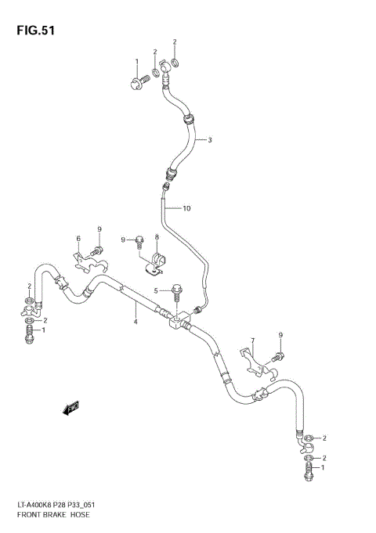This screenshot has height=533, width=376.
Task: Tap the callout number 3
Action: tap(210, 141)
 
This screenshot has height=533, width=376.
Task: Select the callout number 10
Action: tap(186, 208)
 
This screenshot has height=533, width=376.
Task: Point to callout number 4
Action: tap(136, 322)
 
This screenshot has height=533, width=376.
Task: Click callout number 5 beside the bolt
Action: tap(157, 291)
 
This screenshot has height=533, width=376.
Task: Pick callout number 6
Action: tap(78, 238)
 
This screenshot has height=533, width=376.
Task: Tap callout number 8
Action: tap(157, 237)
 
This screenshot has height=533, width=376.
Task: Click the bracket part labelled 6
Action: tap(81, 261)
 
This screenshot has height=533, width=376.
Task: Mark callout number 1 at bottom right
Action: tap(324, 467)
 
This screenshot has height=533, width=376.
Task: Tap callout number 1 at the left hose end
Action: tap(43, 330)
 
